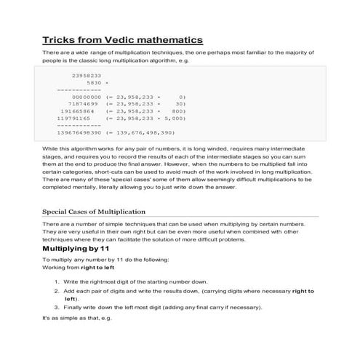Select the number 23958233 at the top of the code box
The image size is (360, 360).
pos(87,75)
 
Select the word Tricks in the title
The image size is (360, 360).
pos(61,39)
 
